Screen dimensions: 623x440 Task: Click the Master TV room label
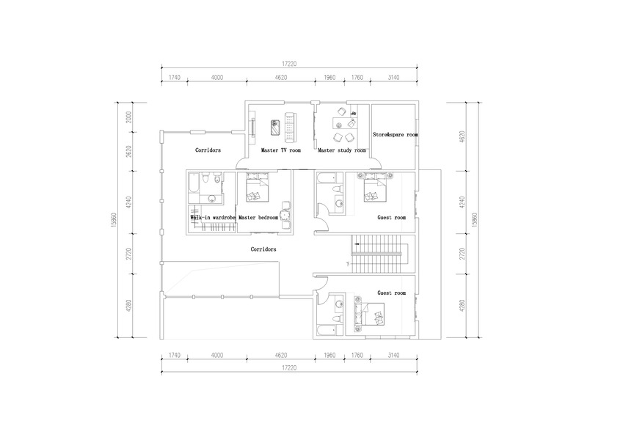click(x=281, y=150)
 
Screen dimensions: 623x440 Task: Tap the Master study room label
click(x=342, y=150)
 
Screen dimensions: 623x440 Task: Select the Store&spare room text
click(x=396, y=135)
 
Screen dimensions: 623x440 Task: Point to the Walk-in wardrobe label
click(x=213, y=218)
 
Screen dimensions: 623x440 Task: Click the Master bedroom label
click(x=258, y=218)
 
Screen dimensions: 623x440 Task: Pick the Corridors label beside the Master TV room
click(x=208, y=150)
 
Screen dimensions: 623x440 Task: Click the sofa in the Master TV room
click(x=291, y=128)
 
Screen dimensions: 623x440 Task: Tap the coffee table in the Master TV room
click(x=275, y=128)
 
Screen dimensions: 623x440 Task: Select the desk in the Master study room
click(x=344, y=123)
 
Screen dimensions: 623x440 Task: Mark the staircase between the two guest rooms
click(x=377, y=254)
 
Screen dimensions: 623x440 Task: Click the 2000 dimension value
click(x=128, y=117)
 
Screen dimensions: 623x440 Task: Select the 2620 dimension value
click(x=128, y=152)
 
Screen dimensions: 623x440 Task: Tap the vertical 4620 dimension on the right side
click(x=462, y=137)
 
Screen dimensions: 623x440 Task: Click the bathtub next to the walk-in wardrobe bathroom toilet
click(x=193, y=188)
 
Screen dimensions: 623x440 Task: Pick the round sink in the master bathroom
click(x=212, y=199)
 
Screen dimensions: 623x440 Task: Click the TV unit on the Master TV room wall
click(x=252, y=128)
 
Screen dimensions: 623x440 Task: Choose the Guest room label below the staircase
click(x=392, y=293)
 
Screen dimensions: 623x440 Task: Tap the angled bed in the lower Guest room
click(x=373, y=313)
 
